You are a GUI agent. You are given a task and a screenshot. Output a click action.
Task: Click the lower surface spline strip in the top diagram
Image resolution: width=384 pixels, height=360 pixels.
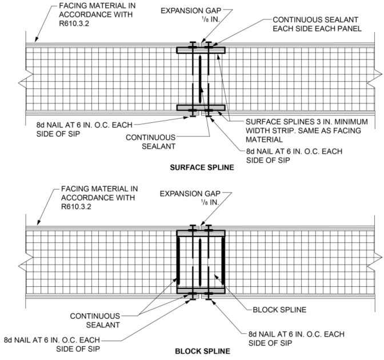(x=201, y=107)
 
